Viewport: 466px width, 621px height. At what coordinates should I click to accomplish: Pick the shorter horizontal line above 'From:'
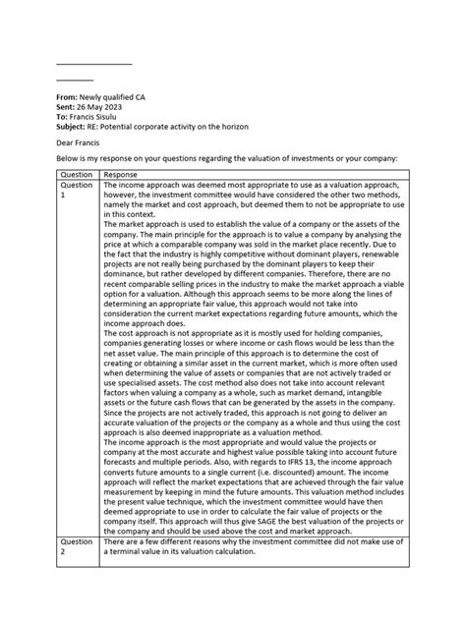[75, 80]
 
